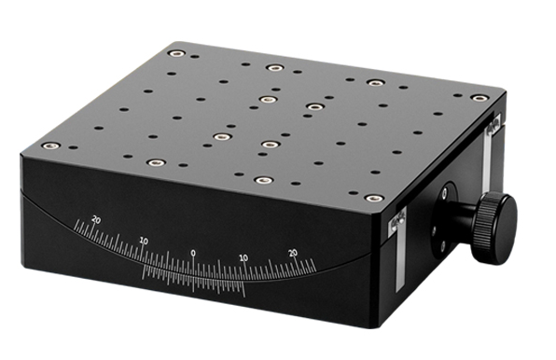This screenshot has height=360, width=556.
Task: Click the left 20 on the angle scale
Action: click(93, 219)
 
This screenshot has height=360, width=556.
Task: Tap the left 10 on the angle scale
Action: click(144, 241)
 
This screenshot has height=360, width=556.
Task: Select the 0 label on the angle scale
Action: click(193, 252)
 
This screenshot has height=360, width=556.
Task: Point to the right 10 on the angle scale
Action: click(243, 257)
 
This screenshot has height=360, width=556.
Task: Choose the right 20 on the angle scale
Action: click(293, 252)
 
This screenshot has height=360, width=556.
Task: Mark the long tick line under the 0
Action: click(193, 270)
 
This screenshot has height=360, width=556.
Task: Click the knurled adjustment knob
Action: click(493, 228)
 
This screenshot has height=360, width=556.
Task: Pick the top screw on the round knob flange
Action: click(445, 192)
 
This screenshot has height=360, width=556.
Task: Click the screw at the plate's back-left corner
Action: click(174, 53)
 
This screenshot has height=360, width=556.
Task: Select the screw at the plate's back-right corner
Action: click(479, 98)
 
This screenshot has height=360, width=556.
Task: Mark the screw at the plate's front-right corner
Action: click(373, 198)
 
